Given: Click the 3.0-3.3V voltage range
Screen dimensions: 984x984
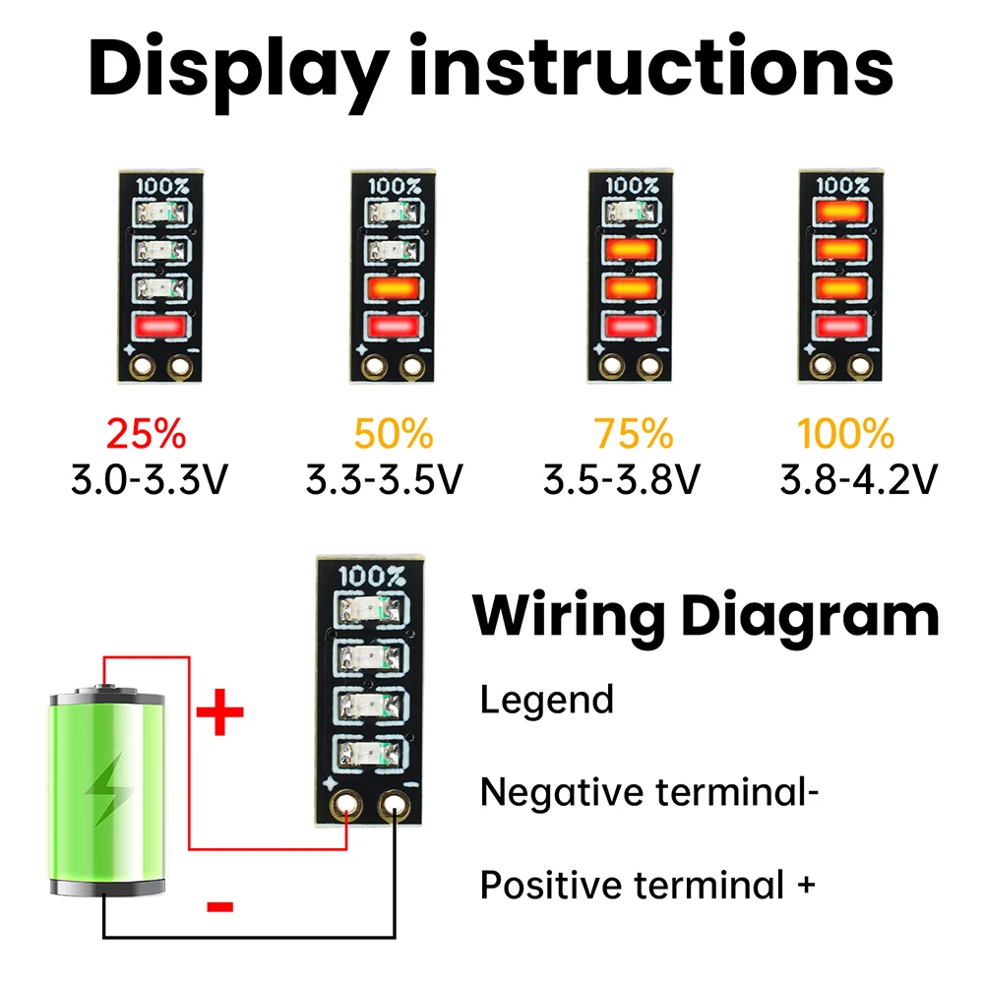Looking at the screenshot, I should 151,481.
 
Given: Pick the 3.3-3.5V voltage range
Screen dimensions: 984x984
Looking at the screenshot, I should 385,481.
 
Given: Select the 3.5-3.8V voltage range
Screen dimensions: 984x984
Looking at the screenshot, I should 622,481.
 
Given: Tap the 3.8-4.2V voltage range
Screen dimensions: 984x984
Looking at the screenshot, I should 858,481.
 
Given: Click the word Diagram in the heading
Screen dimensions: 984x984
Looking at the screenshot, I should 810,617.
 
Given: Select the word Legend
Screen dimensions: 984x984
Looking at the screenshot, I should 546,701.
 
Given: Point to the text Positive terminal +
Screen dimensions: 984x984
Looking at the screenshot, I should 647,885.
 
